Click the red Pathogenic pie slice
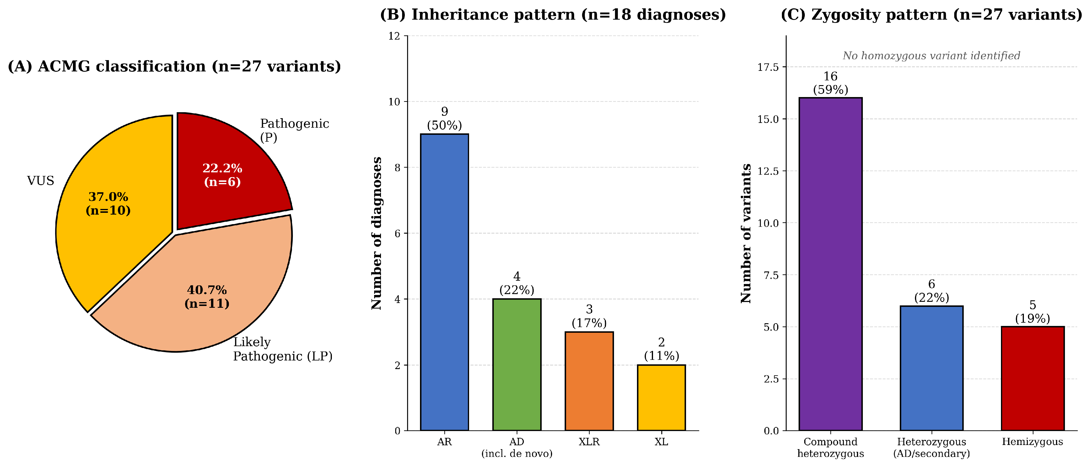click(227, 168)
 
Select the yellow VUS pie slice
click(110, 206)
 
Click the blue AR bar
click(444, 282)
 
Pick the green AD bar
click(517, 365)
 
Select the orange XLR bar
click(589, 381)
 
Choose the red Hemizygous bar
click(1033, 379)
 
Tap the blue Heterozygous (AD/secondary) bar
click(932, 368)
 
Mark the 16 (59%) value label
click(831, 83)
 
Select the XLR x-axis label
click(589, 442)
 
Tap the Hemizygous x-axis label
click(1033, 442)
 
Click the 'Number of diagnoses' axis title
click(377, 233)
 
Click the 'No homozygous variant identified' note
click(931, 56)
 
